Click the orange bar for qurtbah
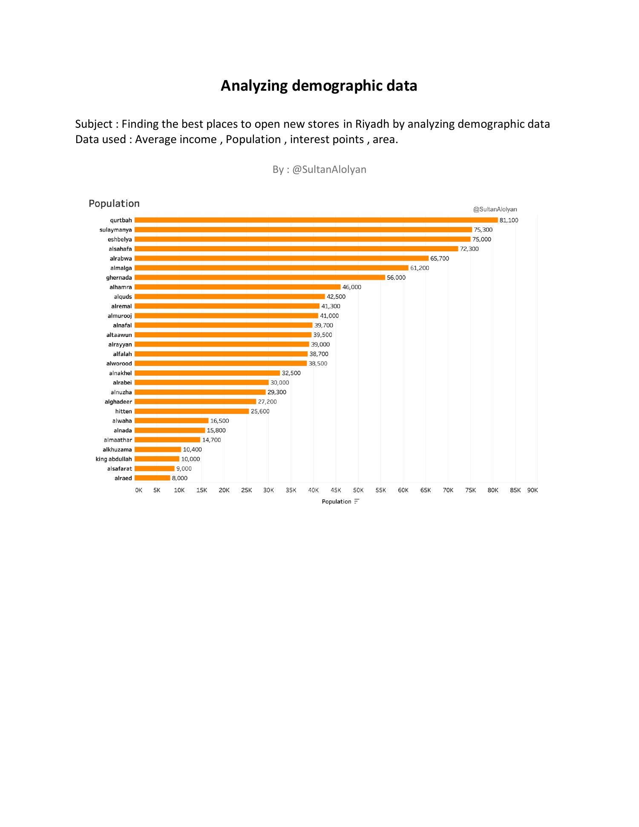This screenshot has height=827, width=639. (x=316, y=220)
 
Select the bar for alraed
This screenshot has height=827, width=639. (x=152, y=478)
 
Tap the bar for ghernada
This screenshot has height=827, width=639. (x=259, y=278)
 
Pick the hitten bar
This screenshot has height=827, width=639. (x=191, y=411)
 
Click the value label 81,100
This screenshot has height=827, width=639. (x=509, y=220)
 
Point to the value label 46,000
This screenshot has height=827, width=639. (x=351, y=287)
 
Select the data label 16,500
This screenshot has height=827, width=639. (x=219, y=421)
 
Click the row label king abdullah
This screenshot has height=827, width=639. (x=114, y=459)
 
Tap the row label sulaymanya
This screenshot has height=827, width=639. (x=116, y=230)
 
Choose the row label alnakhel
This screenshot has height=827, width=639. (x=121, y=373)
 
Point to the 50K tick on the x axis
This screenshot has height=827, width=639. (x=358, y=490)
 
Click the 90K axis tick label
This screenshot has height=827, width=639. (x=532, y=490)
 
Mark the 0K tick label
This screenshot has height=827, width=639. (x=138, y=490)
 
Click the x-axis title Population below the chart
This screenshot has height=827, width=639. (x=336, y=502)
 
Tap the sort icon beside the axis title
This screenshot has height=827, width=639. (x=357, y=502)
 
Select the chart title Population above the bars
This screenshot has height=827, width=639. (x=114, y=204)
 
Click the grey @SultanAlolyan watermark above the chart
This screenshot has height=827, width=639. (x=495, y=210)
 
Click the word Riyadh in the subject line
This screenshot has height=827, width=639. (x=372, y=124)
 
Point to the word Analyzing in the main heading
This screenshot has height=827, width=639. (x=254, y=86)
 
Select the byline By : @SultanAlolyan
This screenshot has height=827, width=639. (x=319, y=169)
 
